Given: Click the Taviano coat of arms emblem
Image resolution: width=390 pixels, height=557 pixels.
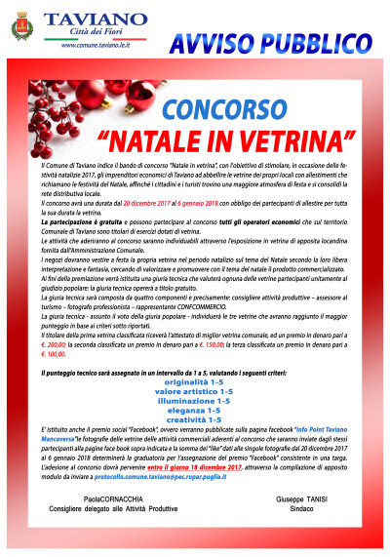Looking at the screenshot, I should pyautogui.click(x=20, y=30).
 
